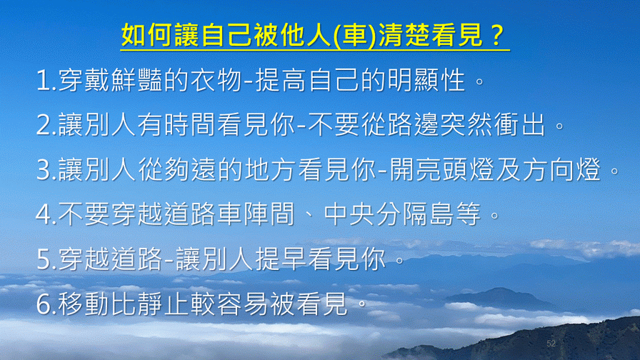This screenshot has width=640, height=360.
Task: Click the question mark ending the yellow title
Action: pos(496,35)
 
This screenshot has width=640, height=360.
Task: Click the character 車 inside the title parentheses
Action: pos(356,35)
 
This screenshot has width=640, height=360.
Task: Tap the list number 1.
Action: pos(43,81)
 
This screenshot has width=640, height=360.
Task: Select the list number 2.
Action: pos(44,125)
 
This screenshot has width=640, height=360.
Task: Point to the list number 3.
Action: pos(44,170)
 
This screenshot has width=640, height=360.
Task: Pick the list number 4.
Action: pos(44,215)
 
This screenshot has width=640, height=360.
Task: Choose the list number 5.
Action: pos(44,259)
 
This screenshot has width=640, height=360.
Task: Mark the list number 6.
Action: pos(44,304)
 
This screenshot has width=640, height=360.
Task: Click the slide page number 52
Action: pos(551,344)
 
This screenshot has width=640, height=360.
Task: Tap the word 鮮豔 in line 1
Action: pos(136,80)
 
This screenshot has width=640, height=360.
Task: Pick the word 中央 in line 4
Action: pos(349,214)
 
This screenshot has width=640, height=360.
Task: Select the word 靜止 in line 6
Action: pos(164,304)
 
